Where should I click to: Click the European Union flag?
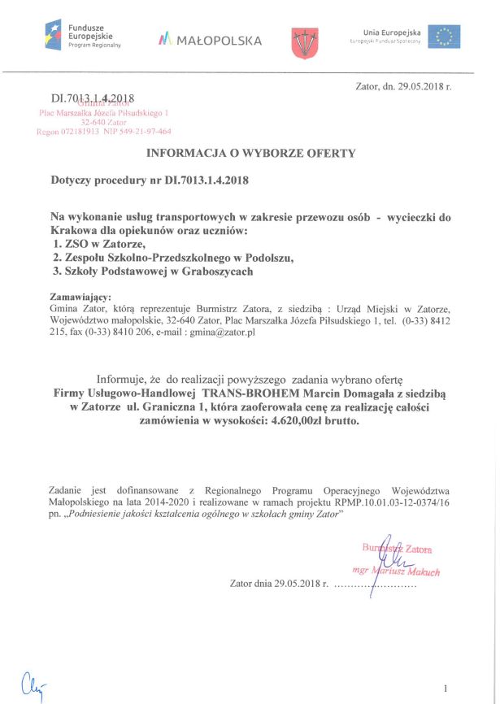444,37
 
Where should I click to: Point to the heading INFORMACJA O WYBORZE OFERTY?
250,153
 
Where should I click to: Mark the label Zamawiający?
80,297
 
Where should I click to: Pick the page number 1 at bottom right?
446,686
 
